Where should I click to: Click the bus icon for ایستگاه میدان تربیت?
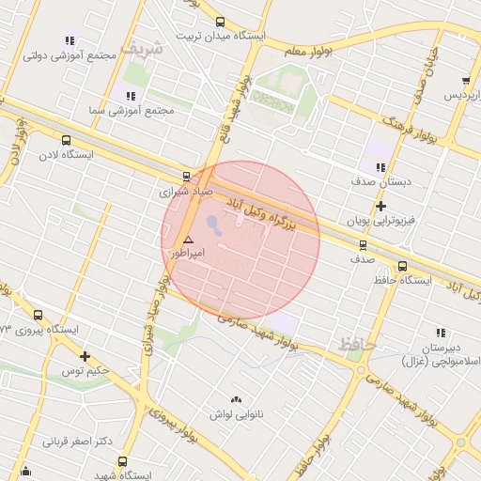click(220, 23)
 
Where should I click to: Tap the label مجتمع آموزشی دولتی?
click(81, 55)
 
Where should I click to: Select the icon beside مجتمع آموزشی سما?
click(131, 96)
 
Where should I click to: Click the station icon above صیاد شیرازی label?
click(186, 176)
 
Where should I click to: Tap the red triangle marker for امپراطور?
click(188, 240)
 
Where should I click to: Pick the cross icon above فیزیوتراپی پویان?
click(380, 207)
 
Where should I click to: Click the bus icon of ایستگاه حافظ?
click(402, 266)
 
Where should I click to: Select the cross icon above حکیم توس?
click(85, 356)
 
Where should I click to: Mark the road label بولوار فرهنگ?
click(410, 129)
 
